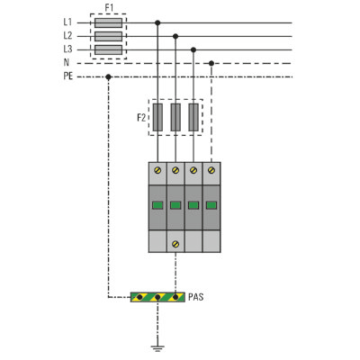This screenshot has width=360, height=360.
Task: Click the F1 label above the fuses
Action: (x=109, y=8)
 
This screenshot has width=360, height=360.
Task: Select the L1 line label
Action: (x=67, y=22)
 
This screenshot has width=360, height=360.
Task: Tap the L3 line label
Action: (x=67, y=49)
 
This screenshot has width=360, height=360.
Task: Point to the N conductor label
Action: (x=67, y=62)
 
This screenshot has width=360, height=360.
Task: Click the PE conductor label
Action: (x=68, y=76)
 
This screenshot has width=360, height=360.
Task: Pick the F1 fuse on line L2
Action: (x=108, y=36)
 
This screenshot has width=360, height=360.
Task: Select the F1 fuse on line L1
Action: (x=108, y=22)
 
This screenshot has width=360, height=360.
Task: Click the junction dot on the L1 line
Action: (x=157, y=22)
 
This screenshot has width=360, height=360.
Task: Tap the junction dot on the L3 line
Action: (x=193, y=49)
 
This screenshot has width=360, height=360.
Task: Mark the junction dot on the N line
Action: (x=211, y=63)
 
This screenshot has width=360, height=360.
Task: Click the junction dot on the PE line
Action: (x=108, y=77)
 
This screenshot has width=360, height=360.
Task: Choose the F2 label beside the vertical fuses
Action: (x=141, y=118)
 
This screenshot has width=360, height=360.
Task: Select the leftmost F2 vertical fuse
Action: (x=157, y=117)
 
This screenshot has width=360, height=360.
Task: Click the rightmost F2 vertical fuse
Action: (x=193, y=117)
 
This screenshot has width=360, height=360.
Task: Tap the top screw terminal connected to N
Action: (x=211, y=170)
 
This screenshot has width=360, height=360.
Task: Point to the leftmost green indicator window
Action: (x=157, y=205)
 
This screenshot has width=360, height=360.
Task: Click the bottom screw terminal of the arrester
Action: (x=175, y=244)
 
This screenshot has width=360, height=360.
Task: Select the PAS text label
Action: (x=196, y=297)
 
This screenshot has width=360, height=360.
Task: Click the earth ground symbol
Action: (x=157, y=348)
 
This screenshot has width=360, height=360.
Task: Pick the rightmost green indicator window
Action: (x=211, y=205)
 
